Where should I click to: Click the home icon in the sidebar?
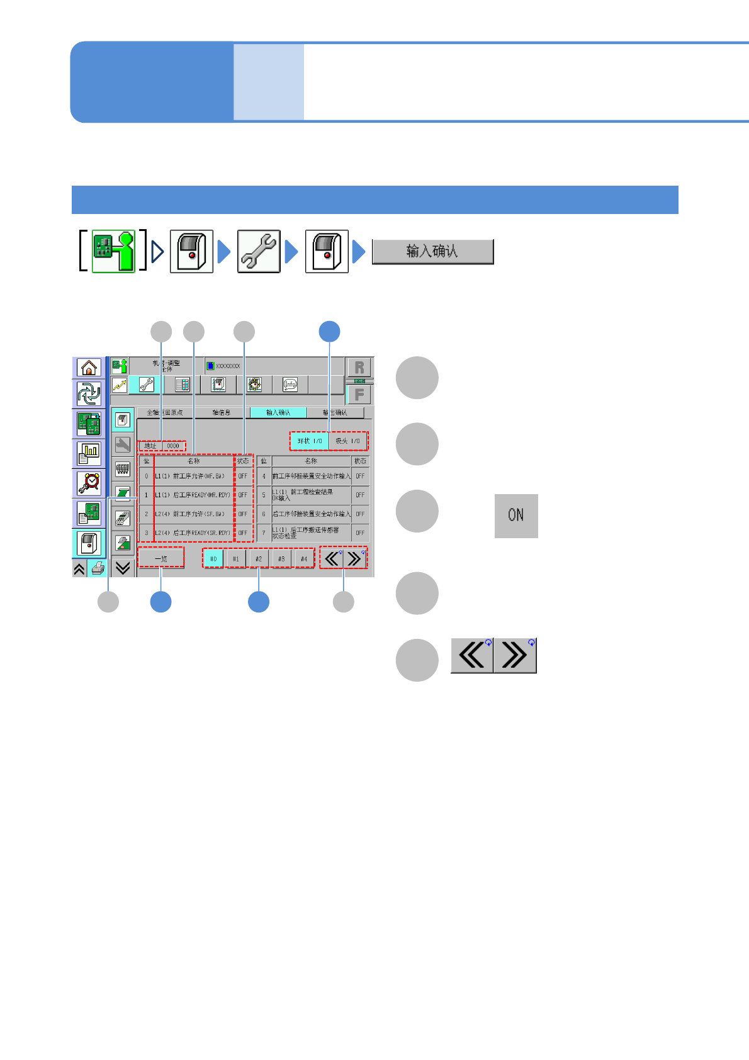tap(89, 367)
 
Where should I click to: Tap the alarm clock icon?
tap(89, 483)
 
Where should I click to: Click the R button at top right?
tap(359, 368)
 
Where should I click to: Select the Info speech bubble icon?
tap(290, 385)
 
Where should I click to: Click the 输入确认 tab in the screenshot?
tap(278, 413)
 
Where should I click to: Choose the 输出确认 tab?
tap(335, 413)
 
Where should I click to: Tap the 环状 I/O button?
tap(310, 441)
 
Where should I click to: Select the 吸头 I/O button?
tap(347, 441)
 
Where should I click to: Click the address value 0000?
tap(173, 446)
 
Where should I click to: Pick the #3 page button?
tap(281, 559)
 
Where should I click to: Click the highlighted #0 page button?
tap(213, 559)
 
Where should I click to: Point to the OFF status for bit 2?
tap(242, 514)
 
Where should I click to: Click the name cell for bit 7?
tap(311, 533)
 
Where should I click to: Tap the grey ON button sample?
tap(516, 516)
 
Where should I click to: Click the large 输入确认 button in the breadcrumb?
tap(432, 252)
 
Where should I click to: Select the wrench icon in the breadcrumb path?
tap(259, 252)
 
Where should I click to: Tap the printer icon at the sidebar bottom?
tap(98, 568)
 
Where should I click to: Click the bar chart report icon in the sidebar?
tap(89, 453)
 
